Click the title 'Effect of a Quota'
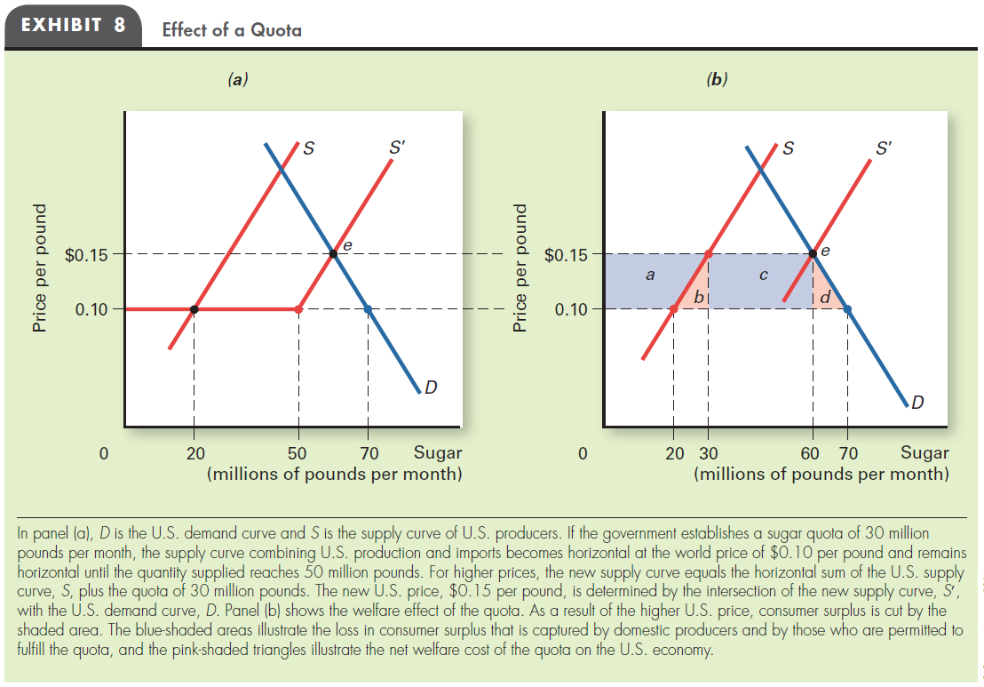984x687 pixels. point(232,30)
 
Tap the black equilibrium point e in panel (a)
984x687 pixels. point(333,254)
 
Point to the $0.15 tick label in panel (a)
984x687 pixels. point(87,256)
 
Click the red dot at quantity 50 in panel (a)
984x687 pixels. point(298,309)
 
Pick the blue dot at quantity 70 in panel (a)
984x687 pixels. point(368,309)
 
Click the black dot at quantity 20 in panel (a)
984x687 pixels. point(194,309)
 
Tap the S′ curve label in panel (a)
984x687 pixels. point(399,147)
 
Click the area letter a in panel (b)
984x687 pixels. point(650,276)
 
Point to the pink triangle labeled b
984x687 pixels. point(698,295)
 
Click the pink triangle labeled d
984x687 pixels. point(825,295)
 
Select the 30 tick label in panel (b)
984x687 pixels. point(711,453)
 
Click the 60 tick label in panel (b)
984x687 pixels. point(810,453)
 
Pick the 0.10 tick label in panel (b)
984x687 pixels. point(571,310)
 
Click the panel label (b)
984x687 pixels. point(716,79)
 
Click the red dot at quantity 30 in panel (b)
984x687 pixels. point(708,254)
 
